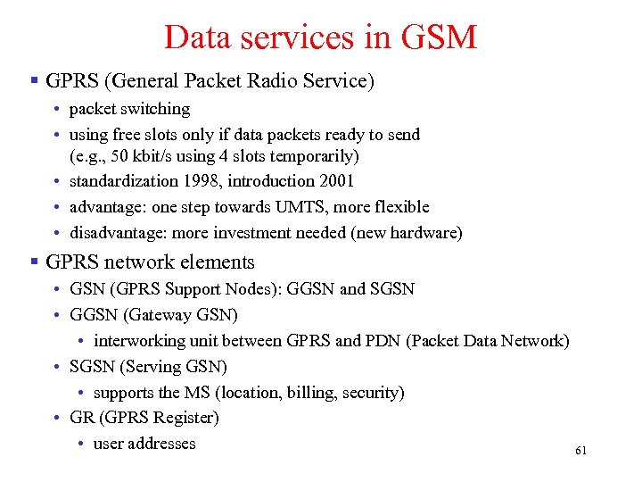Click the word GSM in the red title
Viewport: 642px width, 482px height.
pyautogui.click(x=440, y=37)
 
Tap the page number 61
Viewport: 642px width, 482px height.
pyautogui.click(x=581, y=451)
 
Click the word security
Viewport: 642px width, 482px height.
pyautogui.click(x=371, y=393)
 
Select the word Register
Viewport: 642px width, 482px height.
pyautogui.click(x=185, y=418)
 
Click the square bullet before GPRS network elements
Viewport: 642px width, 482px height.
pyautogui.click(x=33, y=262)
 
